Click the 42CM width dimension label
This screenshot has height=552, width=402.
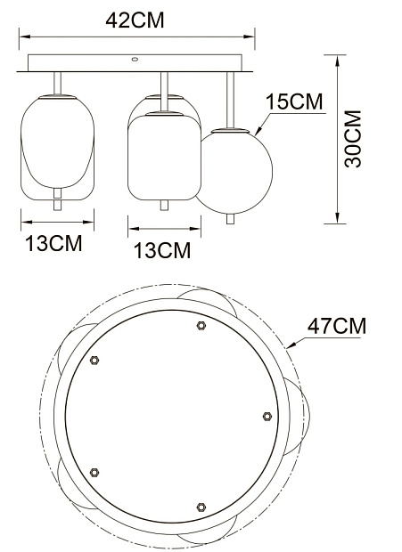click(135, 20)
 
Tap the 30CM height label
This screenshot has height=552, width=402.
click(353, 139)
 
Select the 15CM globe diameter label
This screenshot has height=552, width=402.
click(294, 101)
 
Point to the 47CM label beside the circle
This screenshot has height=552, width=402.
click(337, 326)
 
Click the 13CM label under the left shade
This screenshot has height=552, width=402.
click(53, 243)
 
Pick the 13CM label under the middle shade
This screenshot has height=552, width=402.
click(162, 250)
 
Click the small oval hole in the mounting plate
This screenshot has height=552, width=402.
click(135, 59)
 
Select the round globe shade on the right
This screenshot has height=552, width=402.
click(234, 172)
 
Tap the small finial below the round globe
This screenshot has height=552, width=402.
click(231, 219)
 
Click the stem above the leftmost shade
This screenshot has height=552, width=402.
click(57, 83)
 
